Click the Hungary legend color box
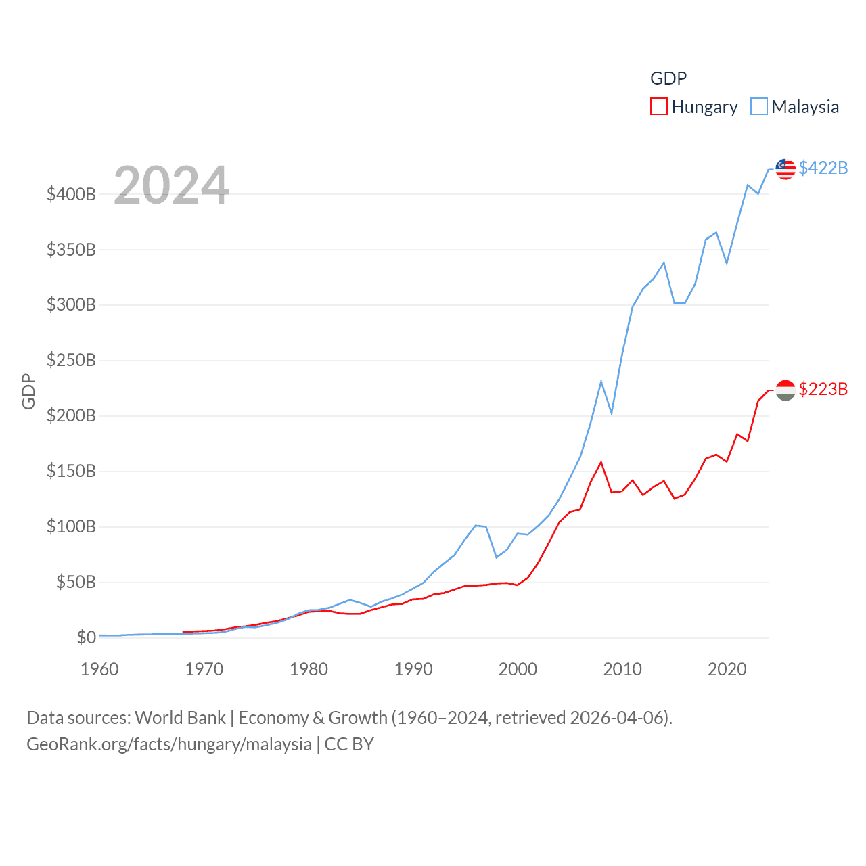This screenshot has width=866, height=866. (x=658, y=107)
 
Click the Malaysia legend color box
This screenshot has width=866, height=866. (x=759, y=107)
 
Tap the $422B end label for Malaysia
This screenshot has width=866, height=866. (x=823, y=168)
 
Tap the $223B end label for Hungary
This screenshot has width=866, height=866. (x=823, y=389)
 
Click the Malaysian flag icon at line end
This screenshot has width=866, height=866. (x=785, y=169)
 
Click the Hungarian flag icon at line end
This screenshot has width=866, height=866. (x=785, y=390)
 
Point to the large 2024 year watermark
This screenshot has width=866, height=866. (x=171, y=185)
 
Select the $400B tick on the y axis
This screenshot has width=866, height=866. (x=71, y=195)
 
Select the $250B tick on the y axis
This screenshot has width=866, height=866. (x=71, y=361)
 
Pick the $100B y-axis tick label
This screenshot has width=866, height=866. (x=71, y=526)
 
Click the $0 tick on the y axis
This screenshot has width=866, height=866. (x=87, y=637)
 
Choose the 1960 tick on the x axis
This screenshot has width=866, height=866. (x=99, y=669)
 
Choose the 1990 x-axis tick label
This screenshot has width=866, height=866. (x=413, y=669)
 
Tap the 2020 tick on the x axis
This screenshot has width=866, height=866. (x=727, y=669)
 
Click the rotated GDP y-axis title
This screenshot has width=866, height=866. (x=28, y=391)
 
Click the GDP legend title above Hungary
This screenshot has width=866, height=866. (x=668, y=78)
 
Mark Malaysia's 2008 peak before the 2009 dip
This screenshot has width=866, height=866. (x=601, y=382)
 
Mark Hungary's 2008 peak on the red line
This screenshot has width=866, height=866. (x=601, y=462)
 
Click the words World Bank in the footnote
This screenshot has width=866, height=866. (x=180, y=718)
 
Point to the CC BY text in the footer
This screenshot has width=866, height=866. (x=349, y=744)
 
